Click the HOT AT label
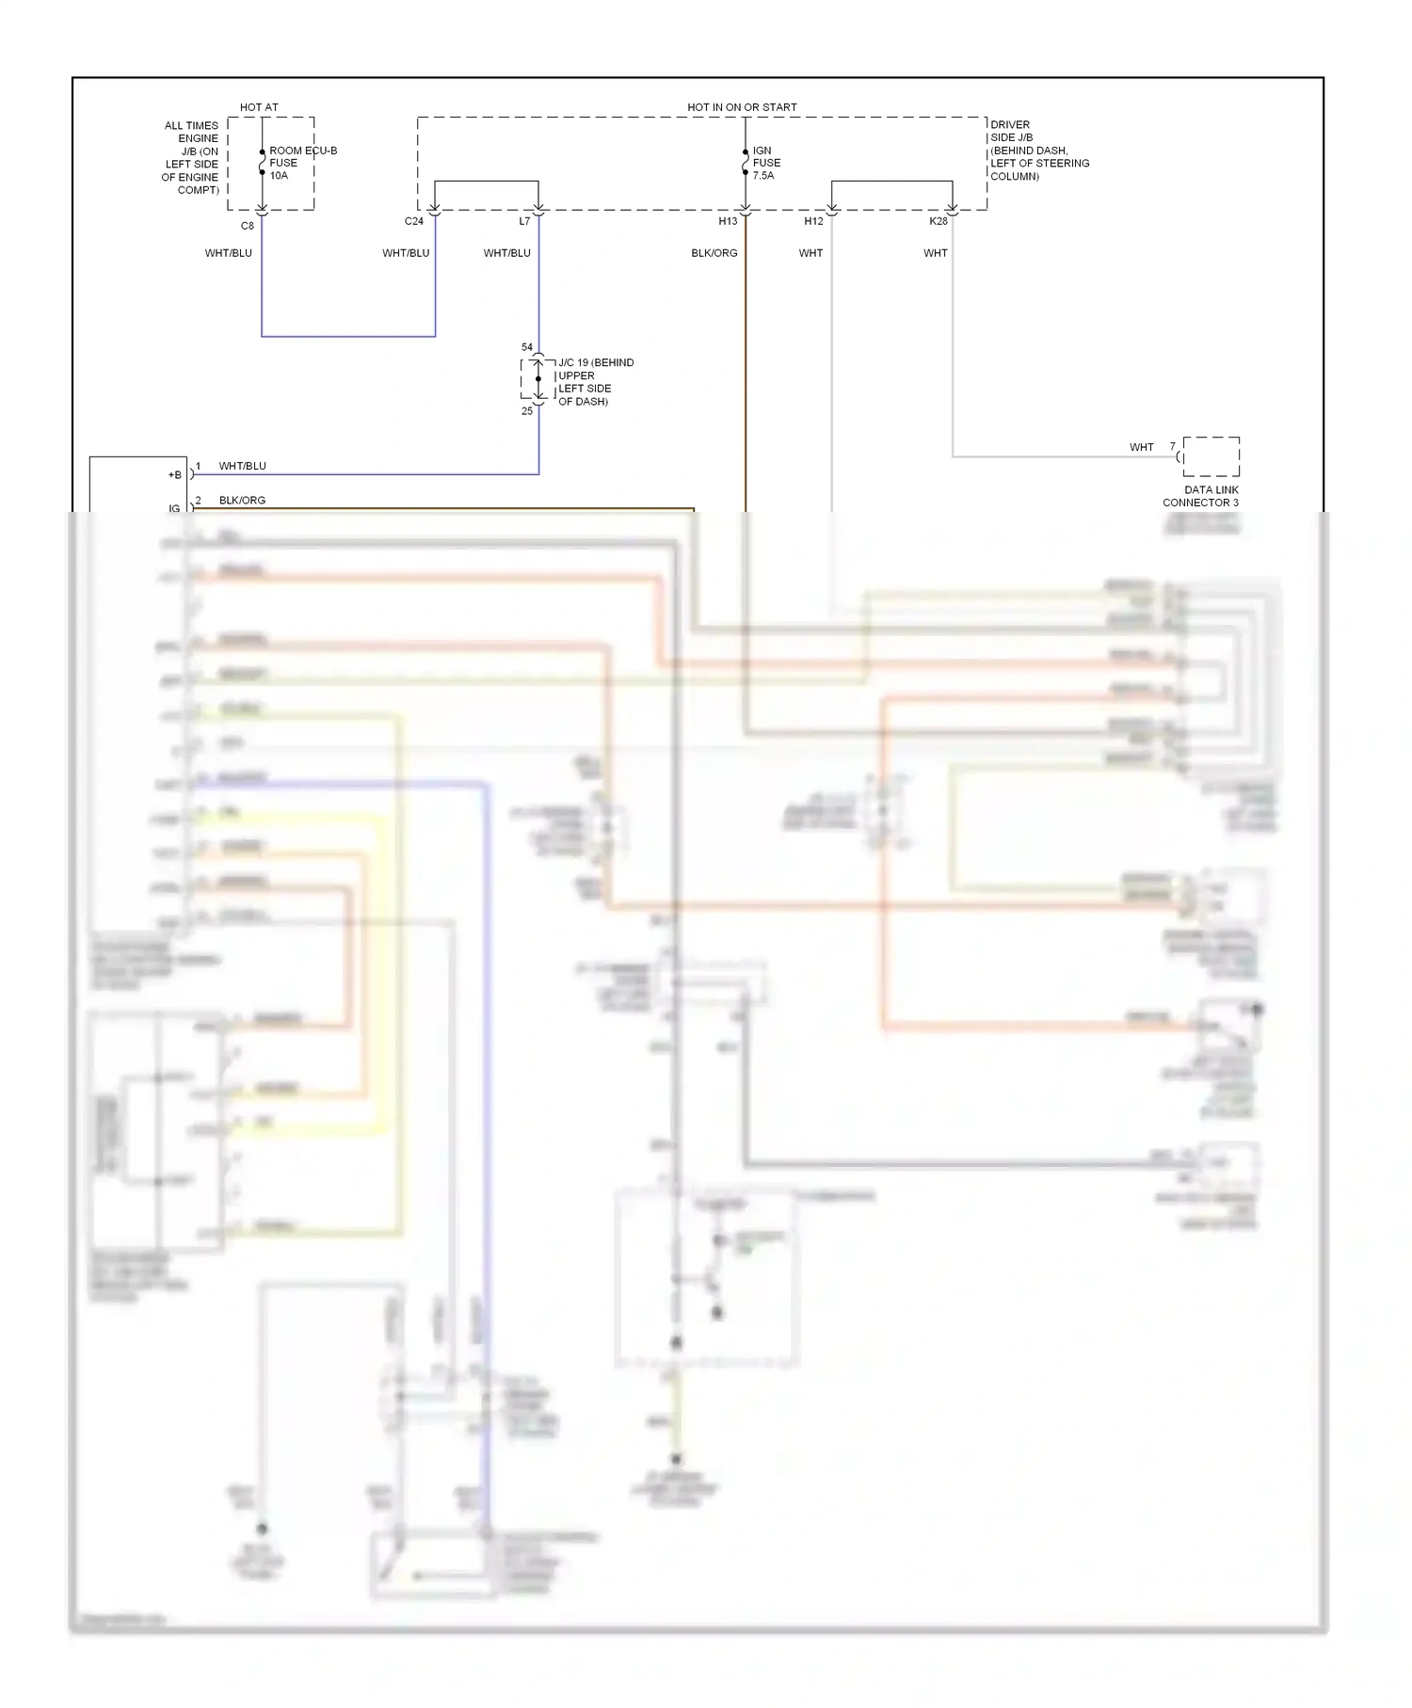click(259, 107)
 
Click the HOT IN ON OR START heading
click(742, 107)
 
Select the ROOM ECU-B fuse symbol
click(262, 163)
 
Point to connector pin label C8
click(247, 226)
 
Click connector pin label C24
click(413, 221)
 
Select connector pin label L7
click(524, 221)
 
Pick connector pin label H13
click(728, 221)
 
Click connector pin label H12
click(813, 221)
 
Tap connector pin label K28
click(939, 221)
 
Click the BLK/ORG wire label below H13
click(714, 253)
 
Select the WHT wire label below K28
click(936, 253)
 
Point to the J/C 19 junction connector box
click(538, 379)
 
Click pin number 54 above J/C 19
click(527, 347)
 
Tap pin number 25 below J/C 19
click(527, 411)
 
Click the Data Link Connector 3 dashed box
click(1211, 456)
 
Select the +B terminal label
click(174, 475)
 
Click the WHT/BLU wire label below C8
click(229, 253)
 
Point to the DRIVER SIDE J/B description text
click(1038, 151)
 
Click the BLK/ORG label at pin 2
click(242, 501)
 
